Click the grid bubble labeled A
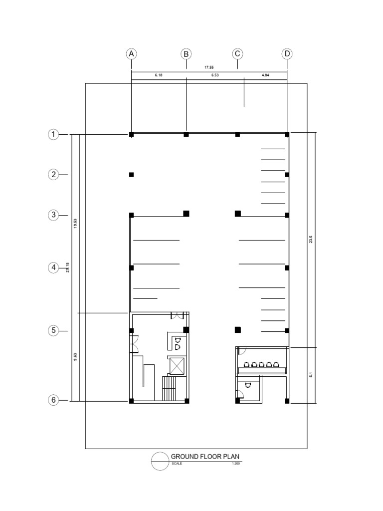[x=131, y=54]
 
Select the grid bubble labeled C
[x=237, y=54]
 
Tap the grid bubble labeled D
[x=287, y=54]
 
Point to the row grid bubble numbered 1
[x=53, y=134]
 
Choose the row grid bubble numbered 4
[x=53, y=268]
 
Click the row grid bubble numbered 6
[x=53, y=400]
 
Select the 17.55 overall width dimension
[x=209, y=66]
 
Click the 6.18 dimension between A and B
[x=159, y=75]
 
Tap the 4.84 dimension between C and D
[x=265, y=75]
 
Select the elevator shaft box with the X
[x=177, y=366]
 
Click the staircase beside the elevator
[x=170, y=389]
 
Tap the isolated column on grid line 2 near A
[x=131, y=175]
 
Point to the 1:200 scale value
[x=236, y=464]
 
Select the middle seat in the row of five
[x=262, y=364]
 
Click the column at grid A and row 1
[x=131, y=135]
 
